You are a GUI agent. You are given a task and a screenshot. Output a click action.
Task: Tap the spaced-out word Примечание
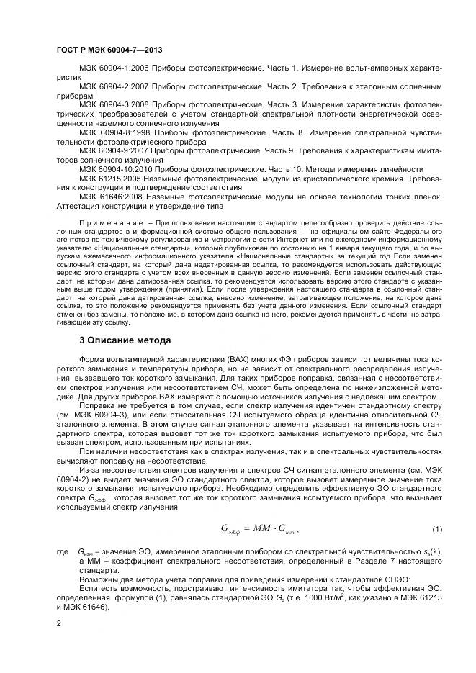pos(108,225)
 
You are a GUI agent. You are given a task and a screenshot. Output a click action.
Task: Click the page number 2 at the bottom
pos(58,625)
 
